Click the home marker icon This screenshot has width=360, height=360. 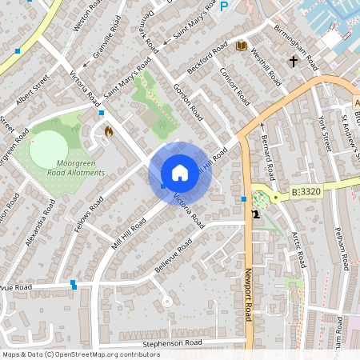[x=180, y=172]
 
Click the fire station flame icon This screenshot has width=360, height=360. [x=109, y=130]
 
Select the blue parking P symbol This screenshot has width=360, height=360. [x=224, y=6]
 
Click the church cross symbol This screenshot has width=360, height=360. [x=293, y=61]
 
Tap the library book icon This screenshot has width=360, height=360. [x=241, y=46]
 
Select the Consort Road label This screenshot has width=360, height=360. [x=235, y=85]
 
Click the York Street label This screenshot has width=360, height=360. [x=323, y=131]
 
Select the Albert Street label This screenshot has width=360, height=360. [x=32, y=88]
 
